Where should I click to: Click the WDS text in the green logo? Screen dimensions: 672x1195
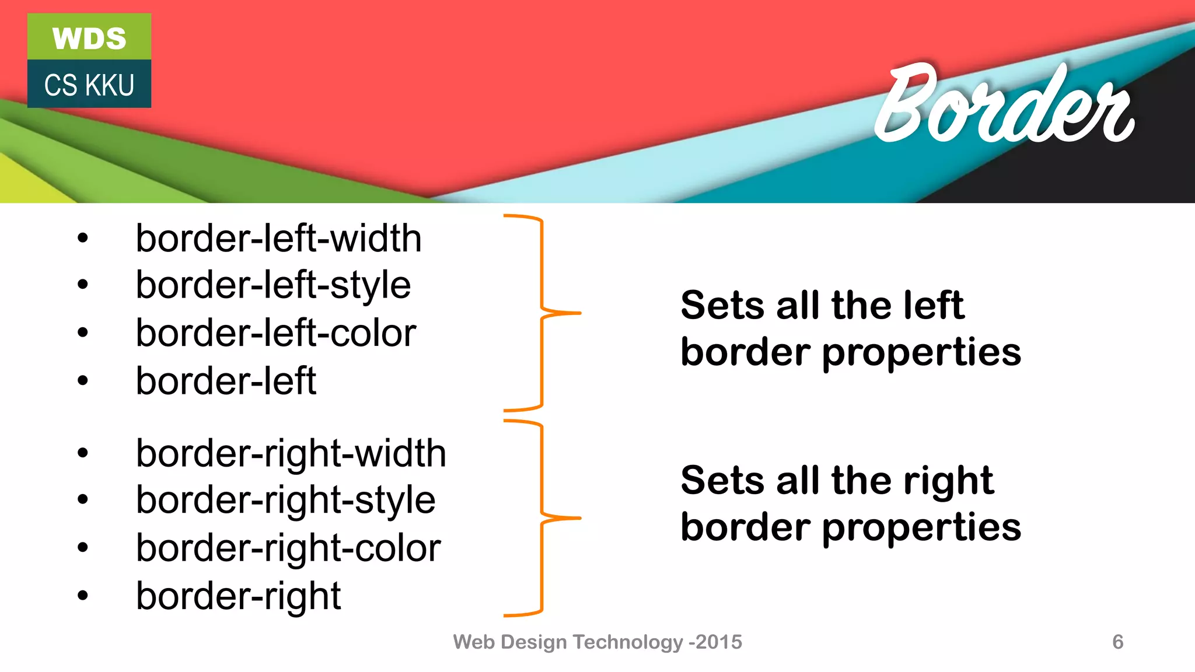pos(89,38)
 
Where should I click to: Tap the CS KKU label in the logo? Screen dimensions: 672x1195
pos(89,85)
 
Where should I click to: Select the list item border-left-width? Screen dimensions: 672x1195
pos(278,239)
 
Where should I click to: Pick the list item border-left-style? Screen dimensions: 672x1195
pos(273,285)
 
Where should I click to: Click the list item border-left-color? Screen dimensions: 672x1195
pos(276,333)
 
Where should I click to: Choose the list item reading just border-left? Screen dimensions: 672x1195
pos(226,381)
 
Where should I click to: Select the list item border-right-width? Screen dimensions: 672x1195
pos(291,453)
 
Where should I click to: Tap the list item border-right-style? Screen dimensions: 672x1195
pos(285,500)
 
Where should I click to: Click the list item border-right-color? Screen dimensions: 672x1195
pos(288,548)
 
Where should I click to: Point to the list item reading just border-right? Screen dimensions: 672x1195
pos(238,596)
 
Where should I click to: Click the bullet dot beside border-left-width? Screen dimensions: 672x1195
pos(82,238)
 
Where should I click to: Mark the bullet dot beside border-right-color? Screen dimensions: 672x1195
pos(82,548)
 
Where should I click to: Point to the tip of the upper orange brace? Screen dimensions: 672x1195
pos(579,313)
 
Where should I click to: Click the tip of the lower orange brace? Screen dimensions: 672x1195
pos(579,518)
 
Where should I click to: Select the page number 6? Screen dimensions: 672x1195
pos(1117,642)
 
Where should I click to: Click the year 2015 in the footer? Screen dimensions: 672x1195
pos(719,642)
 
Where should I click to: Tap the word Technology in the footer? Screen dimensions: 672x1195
pos(627,642)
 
